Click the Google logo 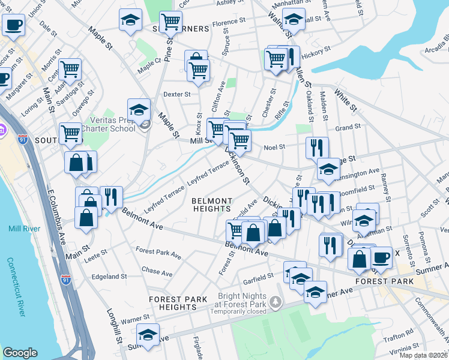coord(20,353)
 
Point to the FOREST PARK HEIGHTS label coord(179,303)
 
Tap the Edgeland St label coord(109,277)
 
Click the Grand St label coord(348,127)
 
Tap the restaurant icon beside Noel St coord(317,146)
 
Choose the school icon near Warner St coord(148,334)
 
